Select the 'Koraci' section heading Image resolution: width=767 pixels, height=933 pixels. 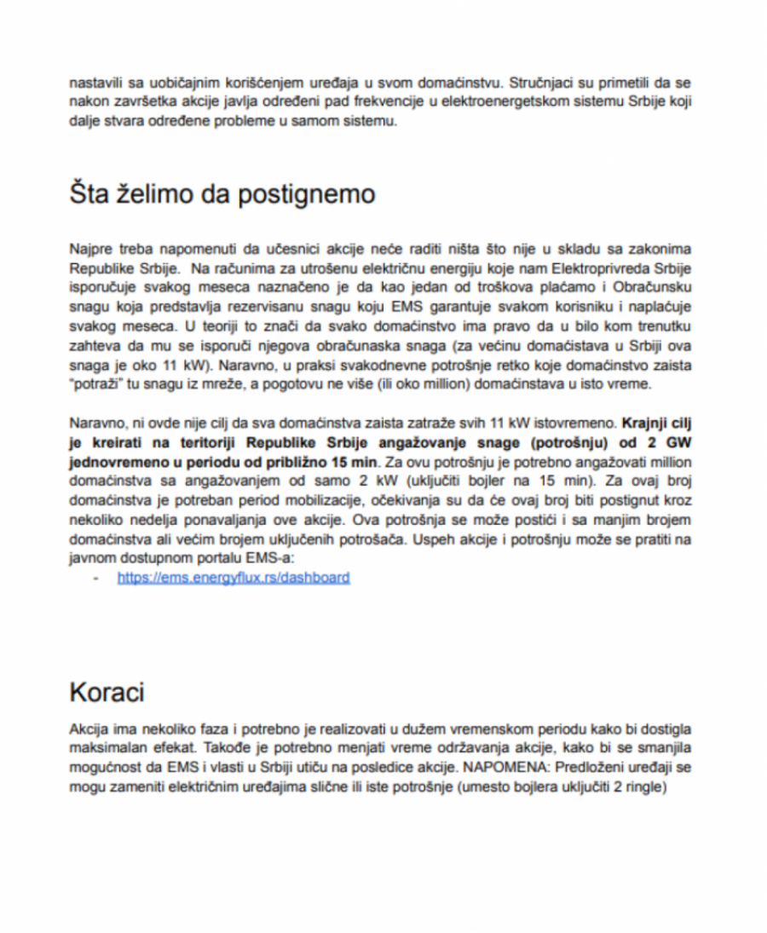pyautogui.click(x=107, y=692)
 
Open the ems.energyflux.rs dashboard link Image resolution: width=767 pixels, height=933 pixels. pyautogui.click(x=233, y=578)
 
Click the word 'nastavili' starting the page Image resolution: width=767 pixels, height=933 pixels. pyautogui.click(x=96, y=84)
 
